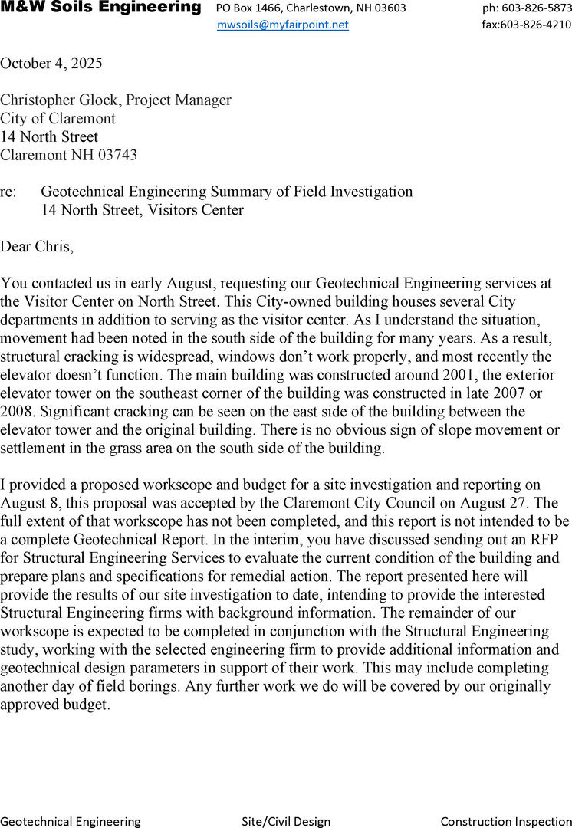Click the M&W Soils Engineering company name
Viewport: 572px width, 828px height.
pyautogui.click(x=100, y=8)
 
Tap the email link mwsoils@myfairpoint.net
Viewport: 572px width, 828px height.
pyautogui.click(x=283, y=25)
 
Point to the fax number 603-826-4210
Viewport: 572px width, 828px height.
pyautogui.click(x=536, y=25)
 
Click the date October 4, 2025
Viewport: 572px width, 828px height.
pyautogui.click(x=51, y=63)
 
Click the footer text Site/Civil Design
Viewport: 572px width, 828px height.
pyautogui.click(x=286, y=821)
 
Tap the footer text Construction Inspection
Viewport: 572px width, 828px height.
pyautogui.click(x=506, y=821)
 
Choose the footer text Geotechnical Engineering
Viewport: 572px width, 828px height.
pyautogui.click(x=71, y=821)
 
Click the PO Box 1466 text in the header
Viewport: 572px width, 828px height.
pyautogui.click(x=245, y=8)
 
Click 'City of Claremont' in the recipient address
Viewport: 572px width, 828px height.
pyautogui.click(x=58, y=118)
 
